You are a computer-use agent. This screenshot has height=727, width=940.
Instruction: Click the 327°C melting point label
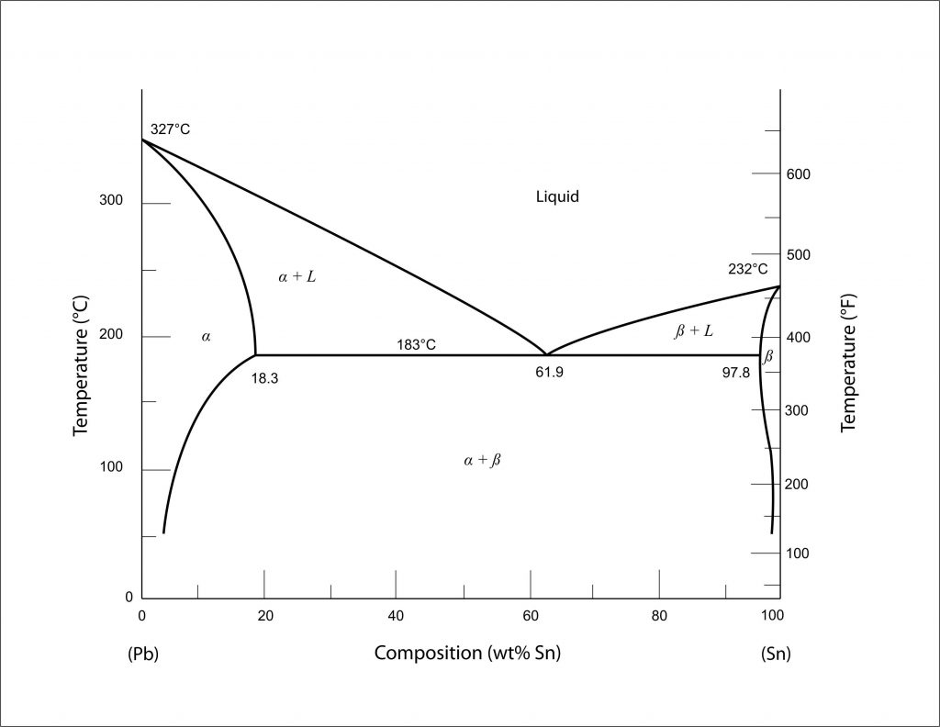pos(171,129)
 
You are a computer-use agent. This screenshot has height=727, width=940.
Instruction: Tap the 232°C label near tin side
pos(747,269)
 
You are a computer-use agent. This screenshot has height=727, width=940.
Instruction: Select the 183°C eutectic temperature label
pos(416,345)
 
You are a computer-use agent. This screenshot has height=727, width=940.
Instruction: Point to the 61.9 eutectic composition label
pos(549,373)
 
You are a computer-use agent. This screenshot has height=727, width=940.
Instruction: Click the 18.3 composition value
pos(264,377)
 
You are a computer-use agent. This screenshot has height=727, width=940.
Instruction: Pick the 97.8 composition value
pos(735,373)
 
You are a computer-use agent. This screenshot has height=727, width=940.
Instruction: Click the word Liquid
pos(557,196)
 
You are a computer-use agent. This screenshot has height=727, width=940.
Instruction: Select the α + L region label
pos(297,276)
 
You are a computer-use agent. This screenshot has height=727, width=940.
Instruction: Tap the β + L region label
pos(693,330)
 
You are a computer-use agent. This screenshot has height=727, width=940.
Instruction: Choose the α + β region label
pos(482,460)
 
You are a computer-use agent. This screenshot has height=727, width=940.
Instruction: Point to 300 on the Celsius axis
pos(111,201)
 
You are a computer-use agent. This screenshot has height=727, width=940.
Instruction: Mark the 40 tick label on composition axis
pos(396,615)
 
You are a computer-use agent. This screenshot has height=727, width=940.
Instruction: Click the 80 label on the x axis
pos(659,615)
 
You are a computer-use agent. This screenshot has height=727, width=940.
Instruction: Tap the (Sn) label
pos(776,654)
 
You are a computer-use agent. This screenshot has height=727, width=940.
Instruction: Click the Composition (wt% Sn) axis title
pos(467,654)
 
